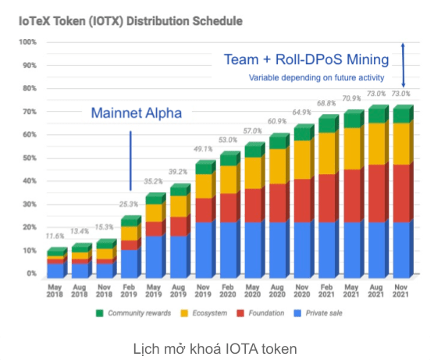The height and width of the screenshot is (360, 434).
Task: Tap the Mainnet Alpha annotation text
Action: tap(136, 112)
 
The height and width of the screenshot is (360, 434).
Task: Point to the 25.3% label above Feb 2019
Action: tap(130, 205)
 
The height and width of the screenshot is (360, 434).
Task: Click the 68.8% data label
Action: tap(327, 103)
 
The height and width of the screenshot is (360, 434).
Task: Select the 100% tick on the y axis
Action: tap(27, 41)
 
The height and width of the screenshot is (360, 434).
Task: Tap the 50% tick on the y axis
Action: tap(29, 158)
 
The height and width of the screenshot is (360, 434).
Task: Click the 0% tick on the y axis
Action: tap(31, 274)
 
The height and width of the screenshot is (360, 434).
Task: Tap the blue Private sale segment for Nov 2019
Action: tap(204, 248)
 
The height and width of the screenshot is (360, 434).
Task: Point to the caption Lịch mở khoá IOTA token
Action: tap(216, 348)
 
